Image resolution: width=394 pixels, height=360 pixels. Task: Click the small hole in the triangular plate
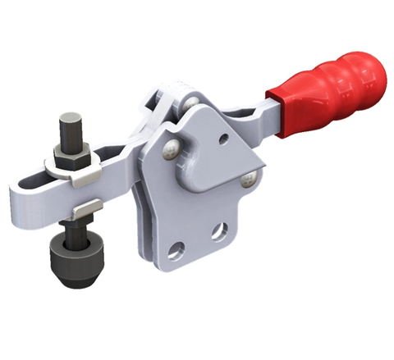tap(224, 140)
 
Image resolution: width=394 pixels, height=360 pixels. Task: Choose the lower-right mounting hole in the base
tap(218, 231)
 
